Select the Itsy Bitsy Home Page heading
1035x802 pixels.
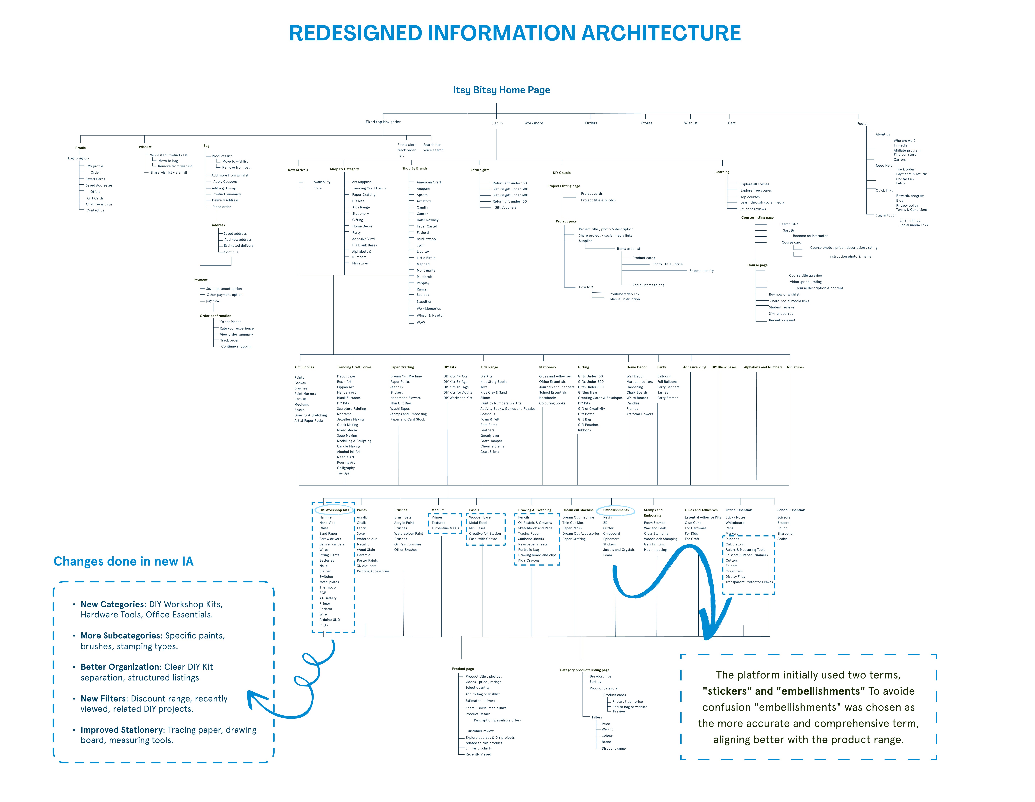(501, 90)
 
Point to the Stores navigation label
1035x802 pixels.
(646, 123)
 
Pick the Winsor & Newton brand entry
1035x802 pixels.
(430, 315)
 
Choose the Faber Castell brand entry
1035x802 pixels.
(427, 226)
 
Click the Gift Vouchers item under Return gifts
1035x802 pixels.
(505, 207)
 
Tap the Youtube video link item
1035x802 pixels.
(624, 294)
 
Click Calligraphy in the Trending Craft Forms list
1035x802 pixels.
(346, 468)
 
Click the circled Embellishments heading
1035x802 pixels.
(616, 510)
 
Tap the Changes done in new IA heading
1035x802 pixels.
(123, 561)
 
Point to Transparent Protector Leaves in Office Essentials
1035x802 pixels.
(749, 582)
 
